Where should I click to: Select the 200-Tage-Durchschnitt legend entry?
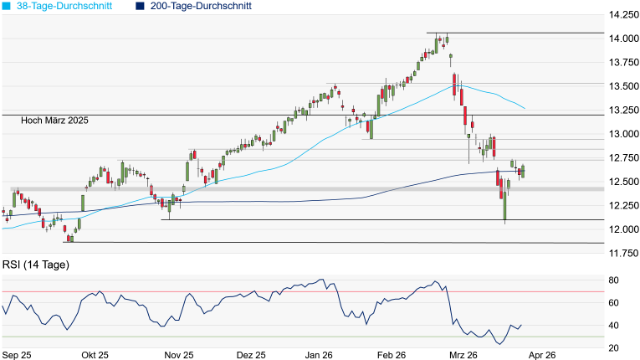click(200, 6)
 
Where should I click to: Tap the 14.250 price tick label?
click(621, 15)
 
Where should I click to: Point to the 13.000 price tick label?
click(621, 134)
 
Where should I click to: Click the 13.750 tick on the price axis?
click(621, 63)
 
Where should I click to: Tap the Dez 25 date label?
click(251, 356)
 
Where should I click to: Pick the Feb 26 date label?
click(392, 356)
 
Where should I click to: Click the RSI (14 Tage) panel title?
click(36, 265)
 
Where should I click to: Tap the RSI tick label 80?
click(613, 280)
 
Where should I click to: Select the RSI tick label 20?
click(613, 348)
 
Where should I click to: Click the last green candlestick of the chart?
click(523, 171)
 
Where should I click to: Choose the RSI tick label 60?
click(613, 302)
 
